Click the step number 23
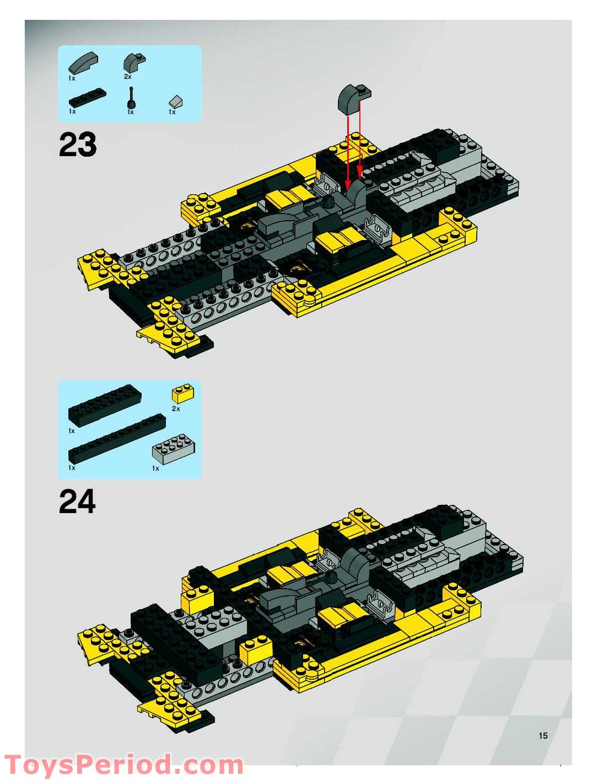(x=77, y=144)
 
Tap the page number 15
(x=543, y=735)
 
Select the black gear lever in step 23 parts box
(x=131, y=97)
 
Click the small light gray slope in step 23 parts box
(x=176, y=102)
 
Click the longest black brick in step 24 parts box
(x=117, y=438)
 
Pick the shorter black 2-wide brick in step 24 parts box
(x=104, y=405)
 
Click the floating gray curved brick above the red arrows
(x=354, y=96)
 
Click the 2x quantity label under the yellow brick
(x=176, y=409)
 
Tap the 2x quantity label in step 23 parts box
(x=128, y=77)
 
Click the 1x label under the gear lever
(x=130, y=112)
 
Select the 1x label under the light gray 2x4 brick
(x=155, y=468)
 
